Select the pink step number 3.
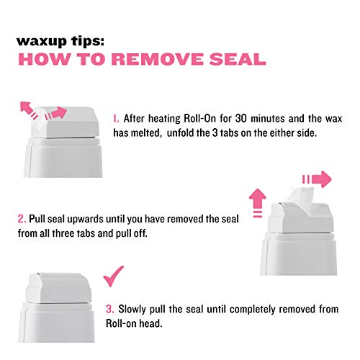[109, 309]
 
